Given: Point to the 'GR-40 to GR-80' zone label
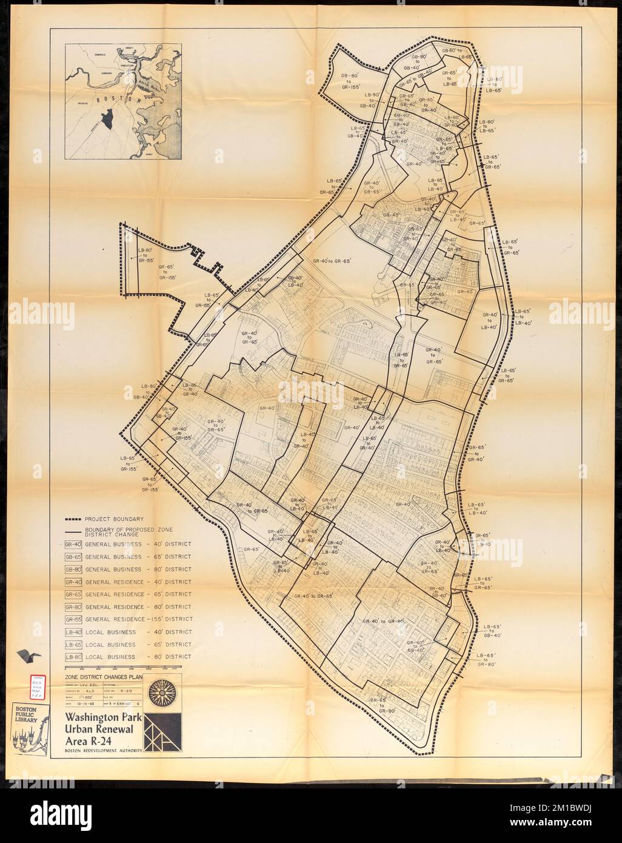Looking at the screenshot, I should (x=383, y=621).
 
